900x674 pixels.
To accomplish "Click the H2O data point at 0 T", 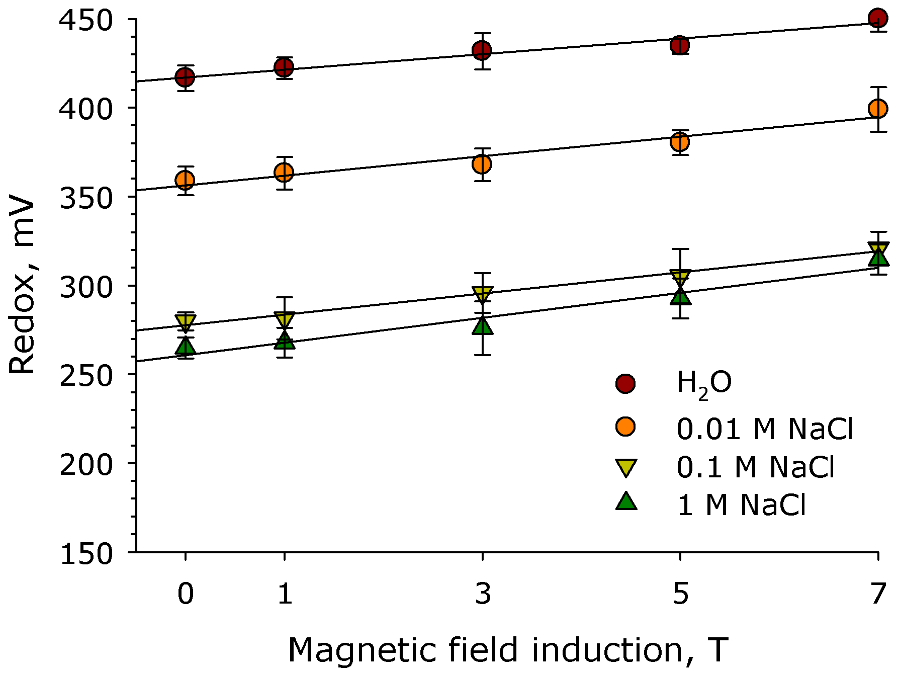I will pos(185,77).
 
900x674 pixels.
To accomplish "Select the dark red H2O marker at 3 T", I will pos(482,50).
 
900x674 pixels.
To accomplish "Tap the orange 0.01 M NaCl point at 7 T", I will pos(877,109).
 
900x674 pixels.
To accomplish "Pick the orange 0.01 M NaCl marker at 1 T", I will pos(284,173).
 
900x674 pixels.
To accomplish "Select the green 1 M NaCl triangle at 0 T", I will pos(186,347).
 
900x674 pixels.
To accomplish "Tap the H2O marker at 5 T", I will pos(680,45).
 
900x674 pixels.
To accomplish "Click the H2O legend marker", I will pos(625,384).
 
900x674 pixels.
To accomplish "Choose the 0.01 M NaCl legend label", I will pos(764,429).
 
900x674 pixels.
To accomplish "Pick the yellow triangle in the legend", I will pos(626,468).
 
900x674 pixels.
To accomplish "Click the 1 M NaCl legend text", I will pos(742,504).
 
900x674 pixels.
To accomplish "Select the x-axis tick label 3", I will pos(483,594).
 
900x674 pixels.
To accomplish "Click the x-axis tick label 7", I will pos(878,594).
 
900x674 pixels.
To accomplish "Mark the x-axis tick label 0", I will pos(186,594).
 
